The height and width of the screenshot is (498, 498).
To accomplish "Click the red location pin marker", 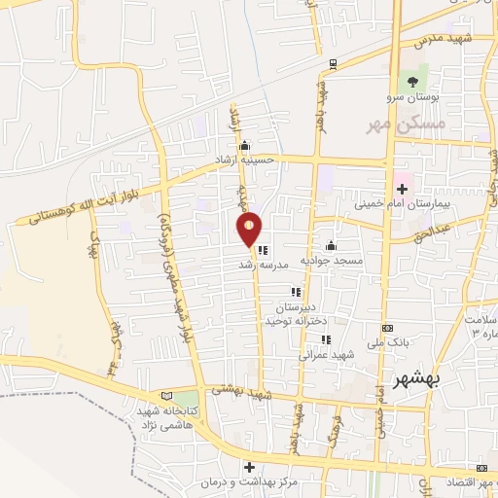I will click(250, 229).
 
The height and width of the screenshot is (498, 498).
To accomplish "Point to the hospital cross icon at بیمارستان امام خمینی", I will click(400, 187).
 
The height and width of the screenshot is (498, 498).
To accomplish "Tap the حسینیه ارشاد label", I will click(245, 159).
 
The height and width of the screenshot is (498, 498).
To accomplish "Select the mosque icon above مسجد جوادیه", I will click(332, 245).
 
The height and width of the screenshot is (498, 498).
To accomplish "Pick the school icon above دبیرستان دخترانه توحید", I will click(296, 292).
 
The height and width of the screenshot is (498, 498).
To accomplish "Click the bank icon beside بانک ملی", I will click(388, 329).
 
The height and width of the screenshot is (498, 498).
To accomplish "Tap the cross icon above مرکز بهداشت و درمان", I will click(249, 468).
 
